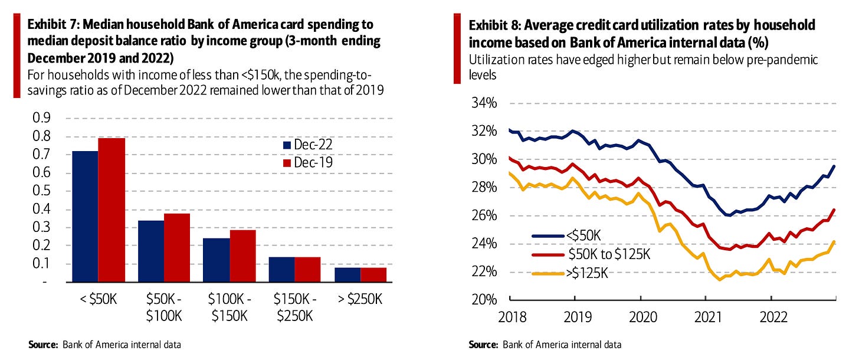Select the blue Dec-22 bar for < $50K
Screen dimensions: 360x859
(85, 217)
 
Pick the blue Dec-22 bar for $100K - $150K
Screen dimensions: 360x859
(217, 260)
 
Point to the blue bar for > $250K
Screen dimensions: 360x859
(347, 275)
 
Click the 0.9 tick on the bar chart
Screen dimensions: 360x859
(41, 118)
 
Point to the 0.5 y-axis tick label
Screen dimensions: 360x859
(41, 191)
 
